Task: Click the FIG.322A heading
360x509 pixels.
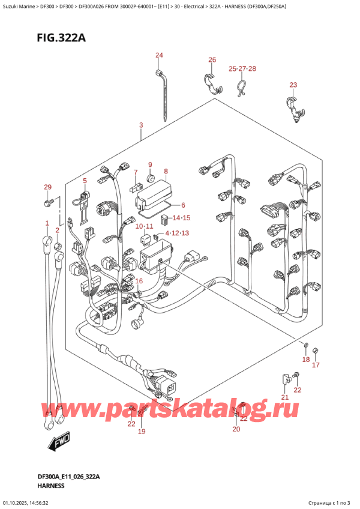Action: [x=61, y=38]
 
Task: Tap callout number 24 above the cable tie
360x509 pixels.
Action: [x=159, y=55]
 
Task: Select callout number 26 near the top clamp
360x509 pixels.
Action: [x=212, y=60]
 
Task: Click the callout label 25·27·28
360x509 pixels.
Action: [x=242, y=68]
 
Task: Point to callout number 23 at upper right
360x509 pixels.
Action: [x=293, y=85]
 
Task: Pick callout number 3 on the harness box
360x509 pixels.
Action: [x=141, y=125]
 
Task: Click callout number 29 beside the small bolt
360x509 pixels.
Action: [x=48, y=187]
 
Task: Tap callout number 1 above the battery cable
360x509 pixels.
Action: [x=47, y=223]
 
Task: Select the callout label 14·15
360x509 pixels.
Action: [x=181, y=218]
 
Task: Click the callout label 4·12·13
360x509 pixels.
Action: [x=177, y=233]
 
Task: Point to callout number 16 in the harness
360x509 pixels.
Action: [x=139, y=281]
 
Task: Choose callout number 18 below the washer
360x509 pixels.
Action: [x=306, y=360]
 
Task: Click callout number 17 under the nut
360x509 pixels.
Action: [x=316, y=365]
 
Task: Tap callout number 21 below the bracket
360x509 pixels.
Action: [x=284, y=397]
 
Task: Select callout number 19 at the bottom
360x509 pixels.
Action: [x=142, y=432]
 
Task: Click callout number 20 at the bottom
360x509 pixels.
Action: [x=236, y=429]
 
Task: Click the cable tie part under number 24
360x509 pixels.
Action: [x=163, y=96]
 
